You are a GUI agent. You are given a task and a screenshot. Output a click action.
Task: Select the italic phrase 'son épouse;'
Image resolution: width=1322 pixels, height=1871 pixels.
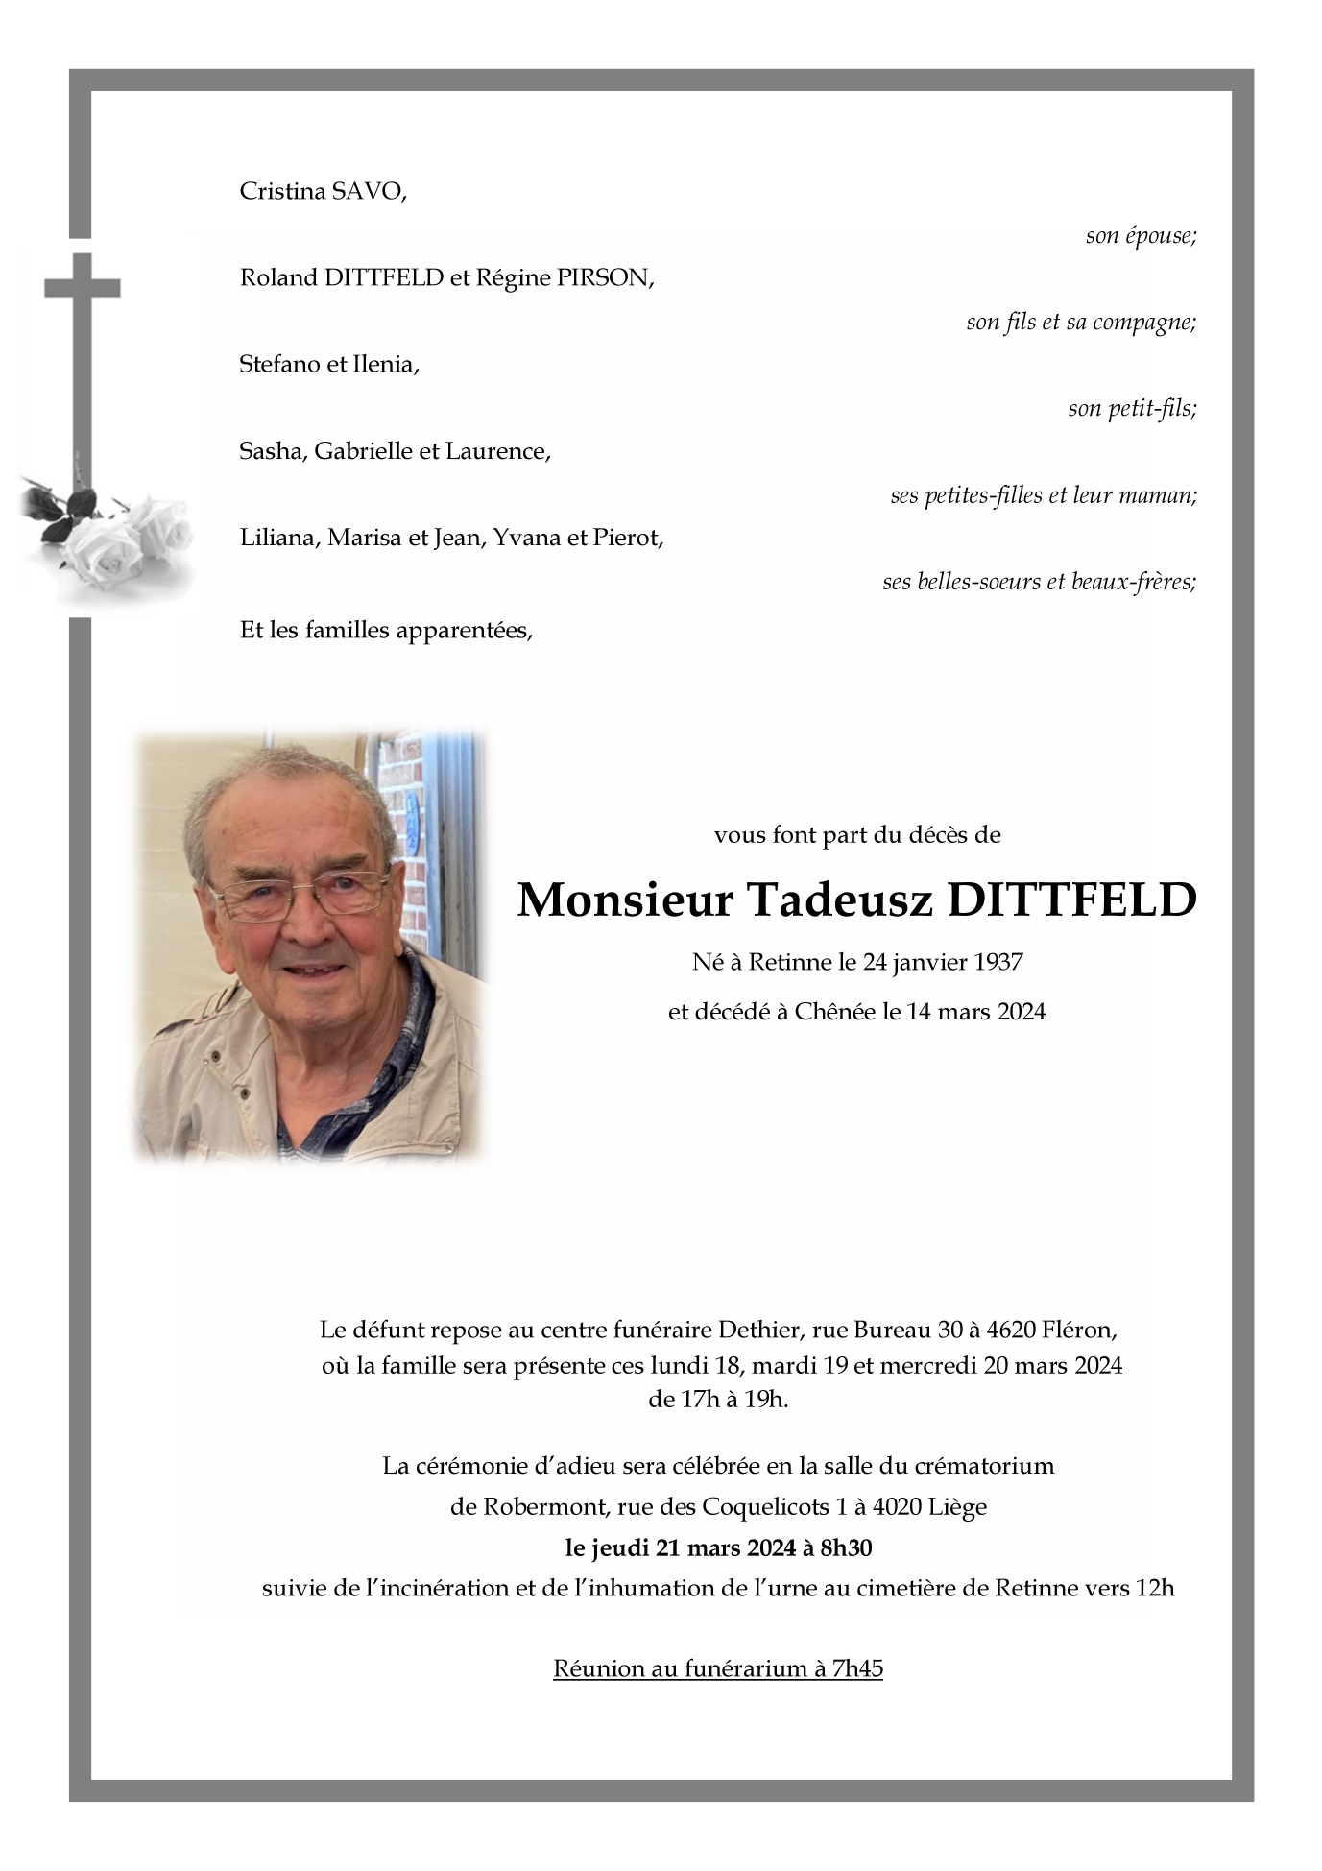1141,236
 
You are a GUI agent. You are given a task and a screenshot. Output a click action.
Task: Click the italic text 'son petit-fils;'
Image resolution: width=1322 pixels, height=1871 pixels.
1132,409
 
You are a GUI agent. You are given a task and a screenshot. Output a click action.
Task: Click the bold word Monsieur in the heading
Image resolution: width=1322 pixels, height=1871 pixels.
625,900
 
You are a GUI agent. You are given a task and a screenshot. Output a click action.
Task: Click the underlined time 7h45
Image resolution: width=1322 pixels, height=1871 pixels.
857,1668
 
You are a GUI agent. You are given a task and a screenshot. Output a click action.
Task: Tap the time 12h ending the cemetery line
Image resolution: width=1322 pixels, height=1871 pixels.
1155,1588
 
